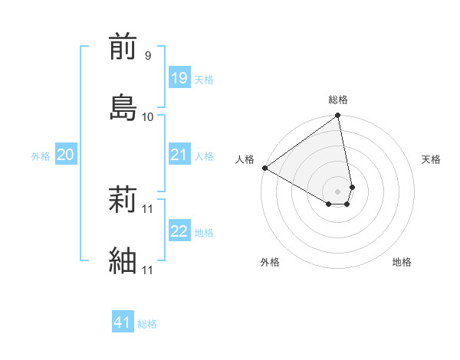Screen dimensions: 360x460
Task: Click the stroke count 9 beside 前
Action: (x=147, y=56)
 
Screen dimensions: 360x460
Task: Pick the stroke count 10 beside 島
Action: (x=148, y=116)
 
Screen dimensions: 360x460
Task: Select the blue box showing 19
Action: (x=179, y=77)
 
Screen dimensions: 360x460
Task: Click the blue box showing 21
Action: (x=179, y=155)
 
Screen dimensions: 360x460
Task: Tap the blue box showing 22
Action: (x=179, y=231)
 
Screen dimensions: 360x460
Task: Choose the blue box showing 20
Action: (x=65, y=155)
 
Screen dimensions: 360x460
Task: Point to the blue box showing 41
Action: (x=123, y=322)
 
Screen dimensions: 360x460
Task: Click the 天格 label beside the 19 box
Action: (x=204, y=79)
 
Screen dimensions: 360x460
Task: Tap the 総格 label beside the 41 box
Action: (x=147, y=324)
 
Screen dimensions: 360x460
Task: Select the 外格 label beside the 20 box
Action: (x=41, y=156)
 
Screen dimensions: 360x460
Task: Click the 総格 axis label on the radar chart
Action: (x=338, y=100)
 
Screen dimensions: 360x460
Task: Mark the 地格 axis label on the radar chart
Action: (x=402, y=262)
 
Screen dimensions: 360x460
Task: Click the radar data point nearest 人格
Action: (x=264, y=168)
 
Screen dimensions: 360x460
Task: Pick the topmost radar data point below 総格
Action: (x=338, y=116)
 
